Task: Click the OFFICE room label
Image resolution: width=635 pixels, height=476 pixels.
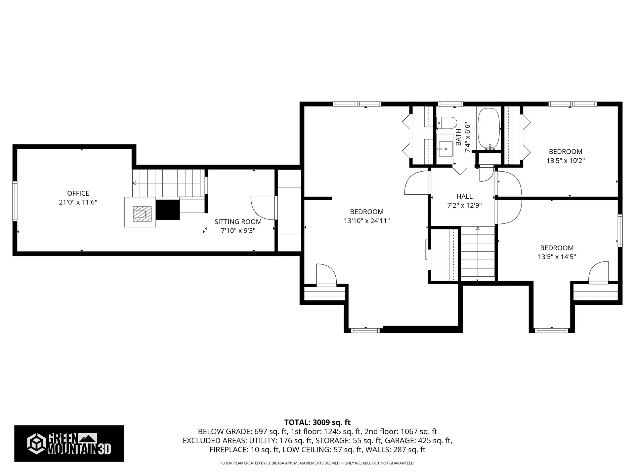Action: point(78,193)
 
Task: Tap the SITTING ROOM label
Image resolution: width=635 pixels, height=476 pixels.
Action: point(238,222)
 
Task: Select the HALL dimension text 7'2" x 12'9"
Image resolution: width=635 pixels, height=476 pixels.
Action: point(464,206)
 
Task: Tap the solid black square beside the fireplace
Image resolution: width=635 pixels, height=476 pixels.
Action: point(168,210)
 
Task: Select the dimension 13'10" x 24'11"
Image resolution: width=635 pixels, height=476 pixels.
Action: point(367,221)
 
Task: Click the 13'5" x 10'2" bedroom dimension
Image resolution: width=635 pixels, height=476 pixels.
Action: point(566,161)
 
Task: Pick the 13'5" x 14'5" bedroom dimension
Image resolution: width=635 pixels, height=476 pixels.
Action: point(557,257)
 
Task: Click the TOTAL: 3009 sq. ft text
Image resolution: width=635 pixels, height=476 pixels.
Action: point(317,422)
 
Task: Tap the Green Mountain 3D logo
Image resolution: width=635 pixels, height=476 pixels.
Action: point(69,443)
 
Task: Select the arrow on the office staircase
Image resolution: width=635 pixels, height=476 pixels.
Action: point(135,183)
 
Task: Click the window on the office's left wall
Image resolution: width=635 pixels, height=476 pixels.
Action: point(15,201)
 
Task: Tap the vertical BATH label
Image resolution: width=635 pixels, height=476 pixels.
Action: point(459,137)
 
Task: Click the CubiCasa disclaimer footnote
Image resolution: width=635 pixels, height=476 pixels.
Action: point(317,463)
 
